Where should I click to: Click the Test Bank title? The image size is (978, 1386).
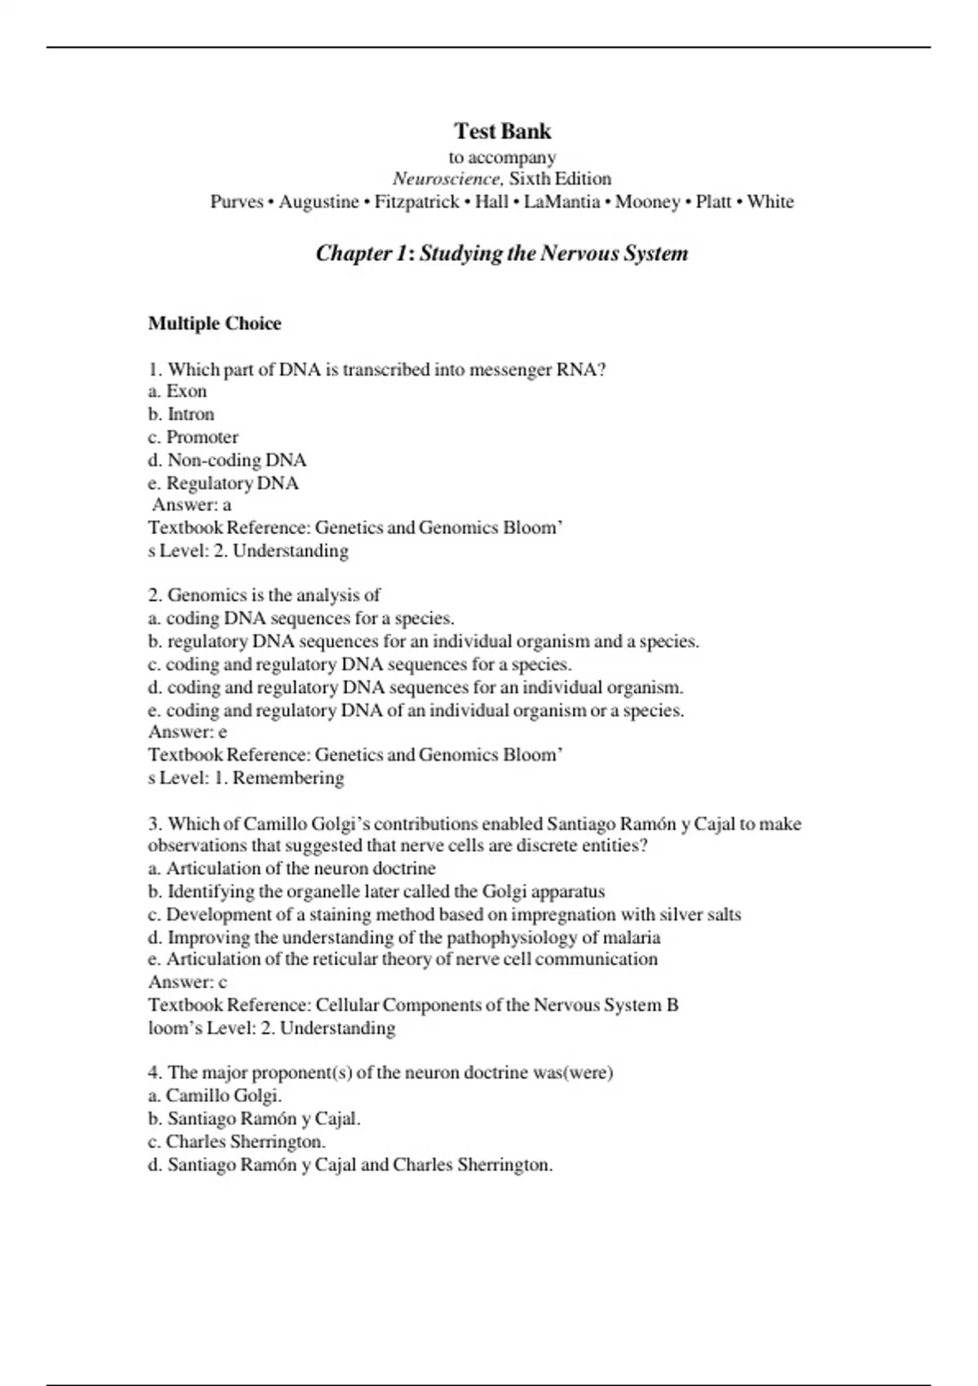pos(502,131)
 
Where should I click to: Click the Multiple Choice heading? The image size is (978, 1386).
pos(214,324)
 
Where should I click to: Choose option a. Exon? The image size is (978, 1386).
pos(178,391)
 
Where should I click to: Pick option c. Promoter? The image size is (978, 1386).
pos(193,437)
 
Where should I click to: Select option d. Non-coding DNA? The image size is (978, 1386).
pos(227,460)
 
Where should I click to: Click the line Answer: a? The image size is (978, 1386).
pos(192,505)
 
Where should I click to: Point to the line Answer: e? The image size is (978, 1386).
pos(187,732)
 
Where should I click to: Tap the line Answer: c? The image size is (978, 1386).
pos(187,982)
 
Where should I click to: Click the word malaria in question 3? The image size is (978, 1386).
pos(631,937)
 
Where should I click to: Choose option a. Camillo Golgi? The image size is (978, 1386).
pos(215,1096)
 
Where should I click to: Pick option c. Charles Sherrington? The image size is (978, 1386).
pos(237,1141)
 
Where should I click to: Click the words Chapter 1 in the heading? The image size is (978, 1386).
pos(360,254)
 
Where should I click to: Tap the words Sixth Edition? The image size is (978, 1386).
pos(560,179)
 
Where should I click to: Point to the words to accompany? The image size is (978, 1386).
pos(502,157)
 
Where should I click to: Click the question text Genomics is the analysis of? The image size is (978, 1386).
pos(273,595)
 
